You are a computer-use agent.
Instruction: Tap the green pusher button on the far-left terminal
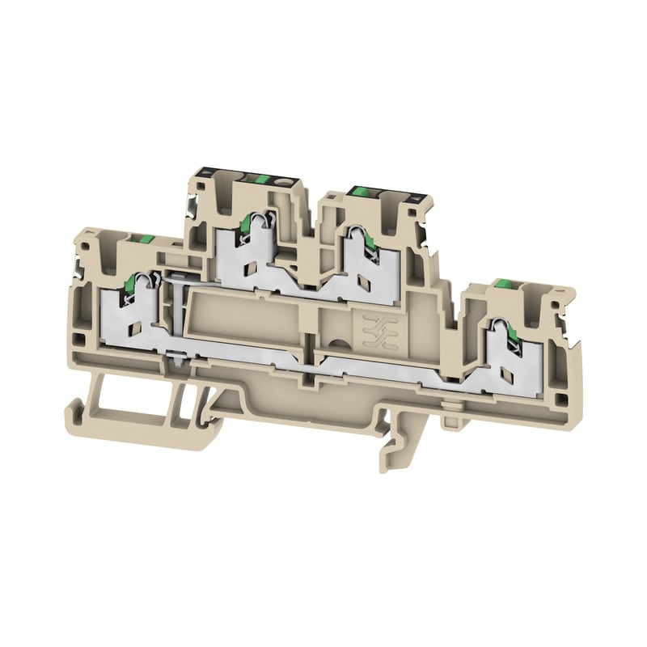145,239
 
